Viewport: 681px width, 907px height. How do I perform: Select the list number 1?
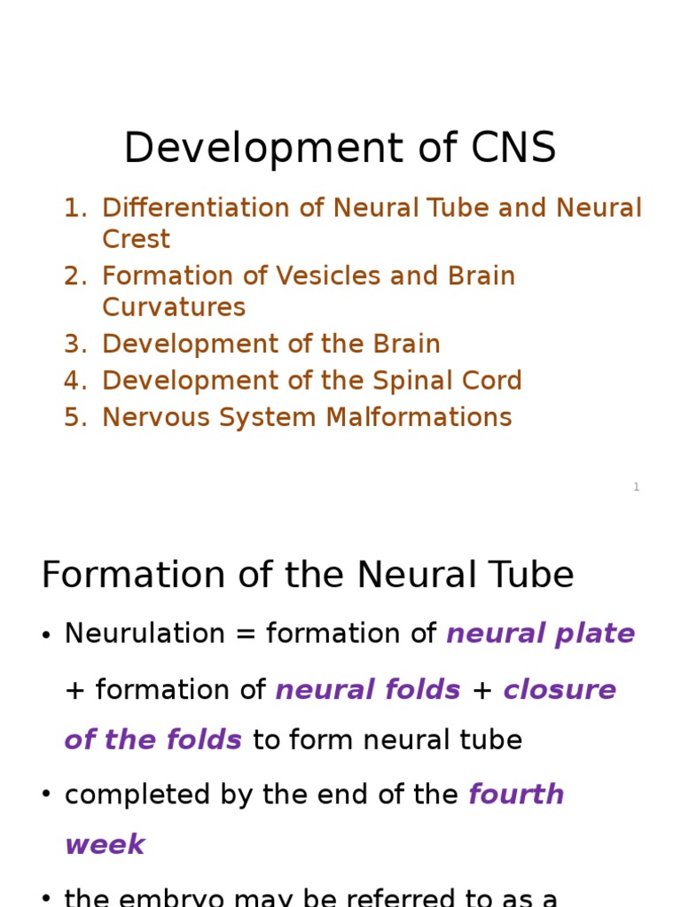click(74, 208)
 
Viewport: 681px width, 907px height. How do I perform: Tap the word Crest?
click(136, 239)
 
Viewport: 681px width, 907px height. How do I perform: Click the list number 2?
click(74, 276)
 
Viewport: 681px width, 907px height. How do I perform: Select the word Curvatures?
click(174, 307)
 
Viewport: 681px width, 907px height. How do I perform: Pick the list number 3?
click(74, 345)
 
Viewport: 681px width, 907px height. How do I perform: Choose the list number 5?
click(74, 417)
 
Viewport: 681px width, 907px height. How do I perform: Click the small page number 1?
click(636, 487)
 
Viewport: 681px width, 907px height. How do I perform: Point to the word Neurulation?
click(145, 634)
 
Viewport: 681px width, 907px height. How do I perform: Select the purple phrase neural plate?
click(540, 634)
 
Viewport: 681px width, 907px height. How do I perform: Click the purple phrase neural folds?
click(368, 690)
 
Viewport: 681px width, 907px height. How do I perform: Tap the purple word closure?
click(560, 690)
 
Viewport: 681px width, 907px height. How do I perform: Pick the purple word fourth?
click(516, 795)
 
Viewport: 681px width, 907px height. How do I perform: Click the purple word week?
click(105, 844)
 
